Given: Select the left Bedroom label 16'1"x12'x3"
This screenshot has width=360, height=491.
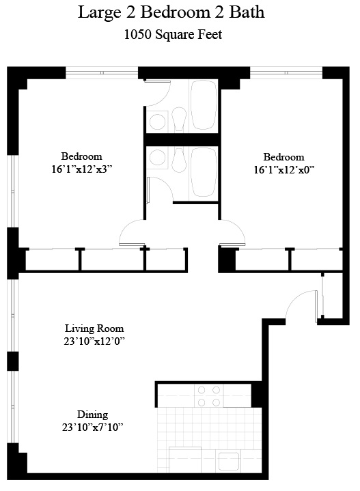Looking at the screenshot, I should click(x=81, y=168).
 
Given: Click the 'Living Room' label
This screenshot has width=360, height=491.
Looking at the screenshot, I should click(x=95, y=327).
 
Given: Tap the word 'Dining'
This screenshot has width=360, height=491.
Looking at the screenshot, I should click(x=93, y=415).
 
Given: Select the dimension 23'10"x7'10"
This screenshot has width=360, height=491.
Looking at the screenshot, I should click(x=92, y=427).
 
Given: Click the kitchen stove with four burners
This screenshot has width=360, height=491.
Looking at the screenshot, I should click(x=208, y=396).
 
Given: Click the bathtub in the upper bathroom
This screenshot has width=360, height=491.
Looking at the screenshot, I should click(x=204, y=106).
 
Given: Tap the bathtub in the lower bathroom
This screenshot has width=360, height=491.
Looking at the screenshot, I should click(x=204, y=173).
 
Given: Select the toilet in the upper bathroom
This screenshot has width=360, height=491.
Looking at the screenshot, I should click(x=180, y=120).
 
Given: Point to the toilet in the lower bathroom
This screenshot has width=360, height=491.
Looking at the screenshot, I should click(x=180, y=160).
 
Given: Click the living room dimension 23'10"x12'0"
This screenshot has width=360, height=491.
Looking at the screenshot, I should click(x=95, y=340).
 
